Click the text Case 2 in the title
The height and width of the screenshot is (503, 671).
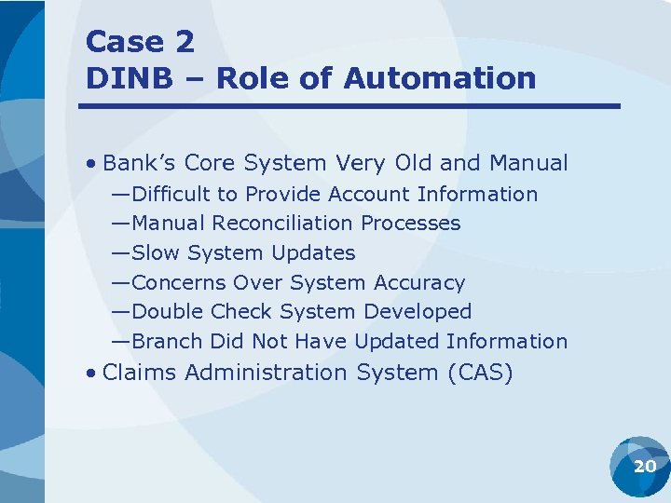[x=140, y=42]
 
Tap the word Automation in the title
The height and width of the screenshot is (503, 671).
[x=440, y=78]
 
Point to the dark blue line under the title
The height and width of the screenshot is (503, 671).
[x=349, y=106]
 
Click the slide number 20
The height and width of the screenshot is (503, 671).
[x=645, y=466]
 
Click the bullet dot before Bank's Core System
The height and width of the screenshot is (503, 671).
[x=90, y=164]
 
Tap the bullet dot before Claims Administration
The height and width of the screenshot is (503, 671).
[x=90, y=374]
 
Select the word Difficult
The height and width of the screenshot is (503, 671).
[x=171, y=195]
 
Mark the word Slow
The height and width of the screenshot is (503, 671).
[x=156, y=253]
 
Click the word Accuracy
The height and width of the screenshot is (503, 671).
[x=418, y=282]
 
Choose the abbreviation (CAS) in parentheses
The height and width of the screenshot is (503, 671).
[x=480, y=373]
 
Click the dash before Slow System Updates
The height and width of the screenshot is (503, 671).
[x=120, y=253]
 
